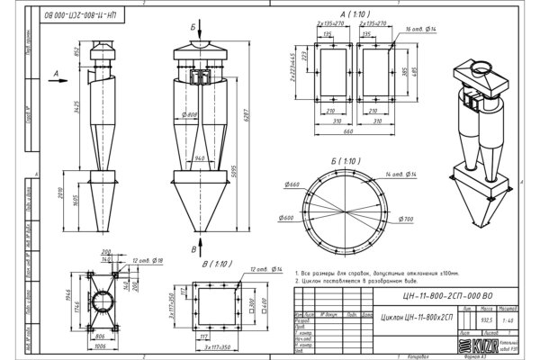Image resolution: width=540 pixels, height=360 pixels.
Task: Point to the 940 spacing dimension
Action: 200,158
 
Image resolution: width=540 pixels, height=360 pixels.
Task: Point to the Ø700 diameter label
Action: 406,220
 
